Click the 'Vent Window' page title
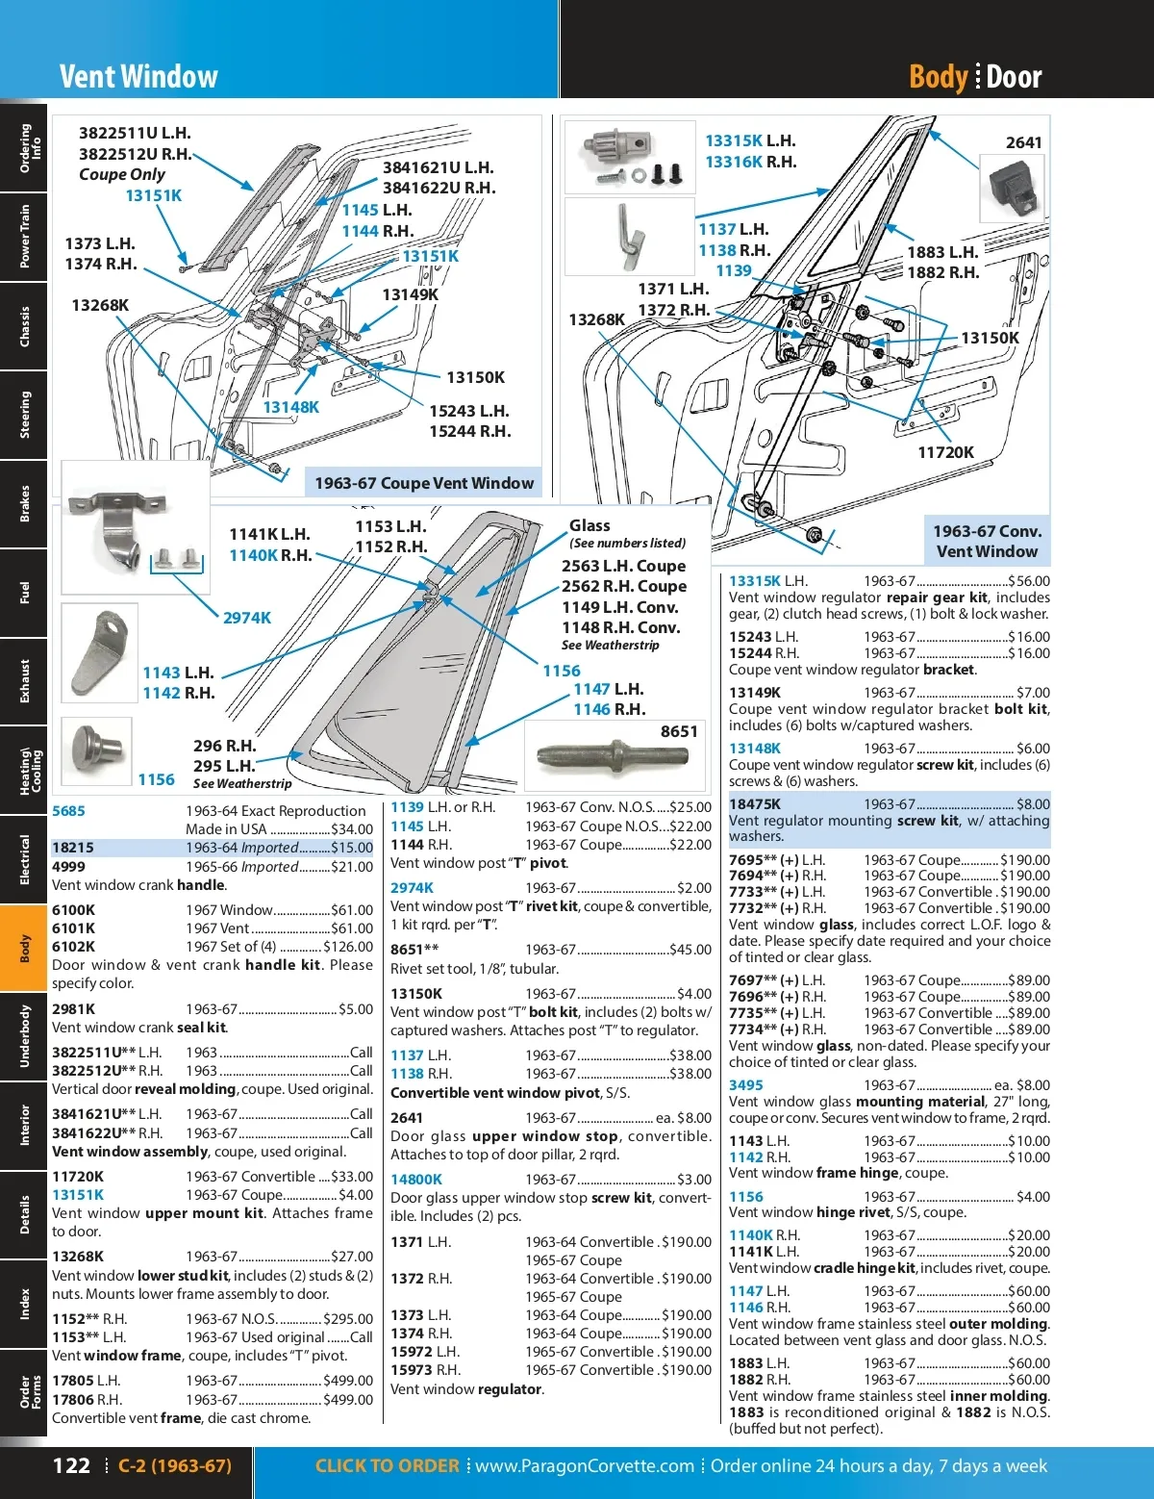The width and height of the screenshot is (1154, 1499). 138,77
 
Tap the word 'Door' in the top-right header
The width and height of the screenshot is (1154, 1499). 1014,77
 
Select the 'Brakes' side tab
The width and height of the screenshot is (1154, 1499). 24,503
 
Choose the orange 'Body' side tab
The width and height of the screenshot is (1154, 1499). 24,948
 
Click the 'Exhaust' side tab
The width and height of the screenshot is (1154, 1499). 24,681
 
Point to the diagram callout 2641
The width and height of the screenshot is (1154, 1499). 1023,142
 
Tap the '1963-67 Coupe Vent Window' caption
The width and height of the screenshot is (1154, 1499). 424,483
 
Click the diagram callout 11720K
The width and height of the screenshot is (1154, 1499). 945,452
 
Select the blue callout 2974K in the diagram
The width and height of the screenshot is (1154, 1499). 247,618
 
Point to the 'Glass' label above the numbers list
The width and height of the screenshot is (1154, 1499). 590,525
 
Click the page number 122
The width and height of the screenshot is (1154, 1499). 71,1465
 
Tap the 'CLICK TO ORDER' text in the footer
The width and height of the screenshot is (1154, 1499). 387,1465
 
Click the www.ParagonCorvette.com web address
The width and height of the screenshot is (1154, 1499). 585,1465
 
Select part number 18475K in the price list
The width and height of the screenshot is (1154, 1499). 755,804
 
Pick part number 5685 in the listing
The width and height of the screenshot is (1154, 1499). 68,811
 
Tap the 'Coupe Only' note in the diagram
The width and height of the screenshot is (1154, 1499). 122,174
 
